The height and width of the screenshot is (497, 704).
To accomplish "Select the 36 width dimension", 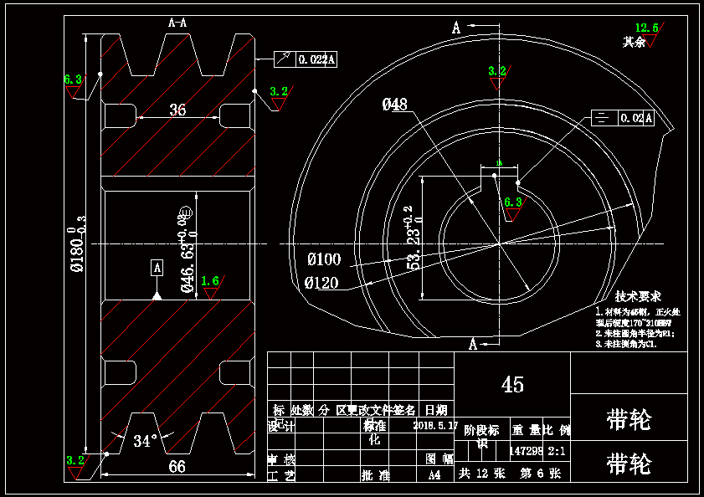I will (177, 110).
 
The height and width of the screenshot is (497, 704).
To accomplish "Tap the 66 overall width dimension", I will (177, 467).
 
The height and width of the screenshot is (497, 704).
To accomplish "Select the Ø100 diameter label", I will (324, 259).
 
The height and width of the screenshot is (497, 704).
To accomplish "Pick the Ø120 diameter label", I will (322, 283).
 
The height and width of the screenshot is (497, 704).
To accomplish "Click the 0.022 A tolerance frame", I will (306, 59).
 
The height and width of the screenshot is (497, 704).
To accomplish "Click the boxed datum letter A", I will (157, 268).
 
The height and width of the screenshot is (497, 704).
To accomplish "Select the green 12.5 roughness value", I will (647, 28).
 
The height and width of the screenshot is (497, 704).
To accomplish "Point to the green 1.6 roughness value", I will (210, 281).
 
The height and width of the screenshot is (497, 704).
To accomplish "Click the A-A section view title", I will (177, 23).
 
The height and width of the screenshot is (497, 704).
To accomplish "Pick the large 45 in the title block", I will (512, 384).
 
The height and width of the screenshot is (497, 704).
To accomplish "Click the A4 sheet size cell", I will (434, 474).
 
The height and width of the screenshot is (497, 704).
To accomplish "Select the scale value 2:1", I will (558, 451).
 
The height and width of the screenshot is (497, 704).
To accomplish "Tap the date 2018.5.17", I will (435, 425).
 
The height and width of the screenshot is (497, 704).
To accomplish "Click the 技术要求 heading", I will (638, 296).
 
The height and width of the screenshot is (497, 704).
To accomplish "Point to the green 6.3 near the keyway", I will (513, 202).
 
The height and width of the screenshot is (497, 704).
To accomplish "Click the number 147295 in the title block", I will (526, 451).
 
